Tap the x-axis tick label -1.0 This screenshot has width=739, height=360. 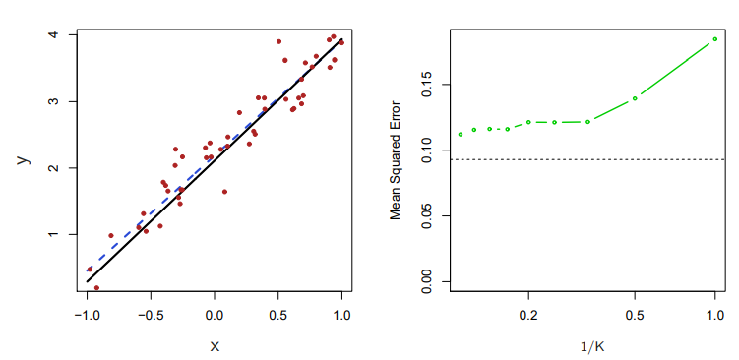tap(88, 315)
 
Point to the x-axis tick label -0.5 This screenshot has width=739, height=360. tap(151, 315)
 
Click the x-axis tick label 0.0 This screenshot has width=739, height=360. tap(215, 315)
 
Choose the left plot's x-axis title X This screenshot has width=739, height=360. tap(215, 347)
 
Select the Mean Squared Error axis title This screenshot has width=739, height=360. tap(395, 159)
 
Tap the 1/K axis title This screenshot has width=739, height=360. tap(592, 347)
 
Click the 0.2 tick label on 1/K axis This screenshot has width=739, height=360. tap(528, 315)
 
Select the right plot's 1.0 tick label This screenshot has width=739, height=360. tap(715, 315)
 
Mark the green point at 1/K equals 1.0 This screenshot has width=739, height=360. tap(715, 39)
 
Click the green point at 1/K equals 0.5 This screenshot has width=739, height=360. tap(635, 98)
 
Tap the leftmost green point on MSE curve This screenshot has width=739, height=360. tap(460, 135)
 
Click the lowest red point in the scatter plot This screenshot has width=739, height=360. tap(96, 287)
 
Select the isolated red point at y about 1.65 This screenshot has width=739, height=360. tap(224, 192)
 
